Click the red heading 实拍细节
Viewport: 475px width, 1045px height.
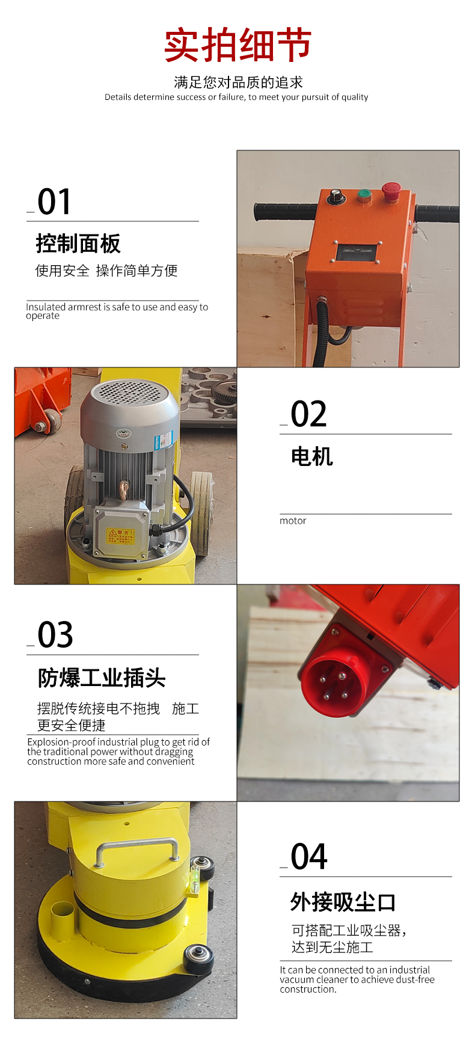[237, 45]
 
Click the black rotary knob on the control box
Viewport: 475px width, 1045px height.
[334, 196]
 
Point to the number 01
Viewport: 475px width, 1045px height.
[54, 201]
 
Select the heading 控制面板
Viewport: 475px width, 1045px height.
[78, 244]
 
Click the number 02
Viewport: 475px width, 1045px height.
[308, 414]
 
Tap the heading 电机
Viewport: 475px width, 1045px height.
[311, 456]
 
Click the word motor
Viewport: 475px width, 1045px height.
[293, 521]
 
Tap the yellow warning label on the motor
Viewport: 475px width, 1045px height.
[120, 536]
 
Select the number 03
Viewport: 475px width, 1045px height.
[55, 635]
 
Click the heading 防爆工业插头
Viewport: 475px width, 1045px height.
[102, 678]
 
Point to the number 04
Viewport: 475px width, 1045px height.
[309, 857]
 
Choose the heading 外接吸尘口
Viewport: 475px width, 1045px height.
[343, 902]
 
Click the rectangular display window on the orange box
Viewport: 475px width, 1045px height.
[357, 252]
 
